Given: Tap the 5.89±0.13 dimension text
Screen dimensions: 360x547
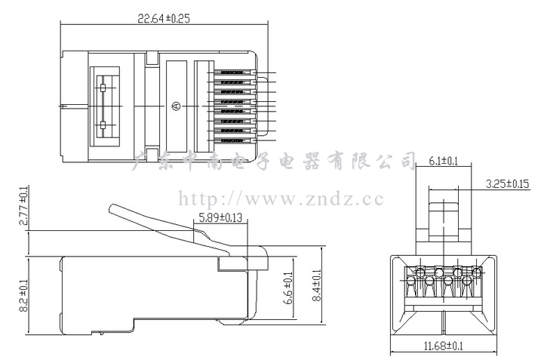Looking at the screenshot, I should coord(222,218).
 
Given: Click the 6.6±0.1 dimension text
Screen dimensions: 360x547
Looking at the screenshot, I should coord(287,288).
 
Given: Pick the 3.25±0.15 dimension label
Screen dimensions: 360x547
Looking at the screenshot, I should coord(507,183).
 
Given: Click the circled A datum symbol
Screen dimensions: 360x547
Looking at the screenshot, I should coord(176,106).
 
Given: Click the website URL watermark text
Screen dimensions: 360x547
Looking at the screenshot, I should coord(281,199).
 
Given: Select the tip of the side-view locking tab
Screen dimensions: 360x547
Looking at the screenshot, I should coord(112,206).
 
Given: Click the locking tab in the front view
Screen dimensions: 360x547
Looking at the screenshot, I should coord(444,219).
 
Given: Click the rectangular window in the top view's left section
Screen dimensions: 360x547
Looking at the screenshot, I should coord(105,106).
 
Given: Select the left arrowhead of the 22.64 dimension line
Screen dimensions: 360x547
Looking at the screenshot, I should coord(63,25).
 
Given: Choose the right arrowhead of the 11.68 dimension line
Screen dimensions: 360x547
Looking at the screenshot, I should coord(496,353).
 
